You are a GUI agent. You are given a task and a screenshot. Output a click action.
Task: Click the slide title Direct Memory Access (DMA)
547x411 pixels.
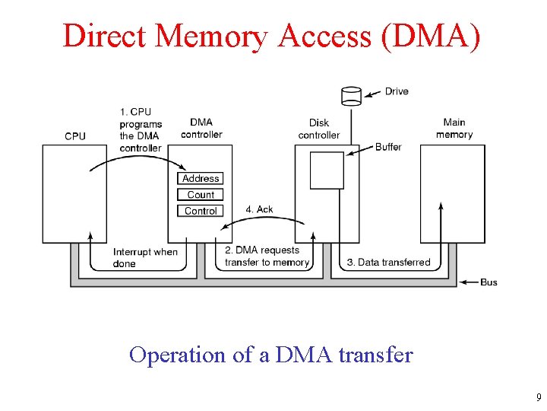[271, 36]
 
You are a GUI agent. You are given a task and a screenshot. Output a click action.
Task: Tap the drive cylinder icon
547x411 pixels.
[351, 96]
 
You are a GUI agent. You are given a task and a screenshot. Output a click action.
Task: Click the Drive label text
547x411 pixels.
[397, 91]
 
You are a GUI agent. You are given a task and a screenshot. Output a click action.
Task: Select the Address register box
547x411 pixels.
[201, 179]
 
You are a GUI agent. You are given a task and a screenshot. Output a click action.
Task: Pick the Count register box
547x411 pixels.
[201, 195]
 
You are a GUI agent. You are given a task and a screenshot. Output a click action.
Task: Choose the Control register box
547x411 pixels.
[201, 211]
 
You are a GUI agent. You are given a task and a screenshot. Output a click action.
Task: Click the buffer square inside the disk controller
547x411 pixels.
[327, 170]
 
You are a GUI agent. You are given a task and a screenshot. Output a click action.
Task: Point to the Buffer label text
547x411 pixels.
[388, 147]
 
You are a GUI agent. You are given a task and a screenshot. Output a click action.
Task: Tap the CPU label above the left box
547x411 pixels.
[75, 136]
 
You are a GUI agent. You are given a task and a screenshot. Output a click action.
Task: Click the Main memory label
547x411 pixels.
[454, 128]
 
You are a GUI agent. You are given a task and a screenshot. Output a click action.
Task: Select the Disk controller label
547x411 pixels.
[319, 129]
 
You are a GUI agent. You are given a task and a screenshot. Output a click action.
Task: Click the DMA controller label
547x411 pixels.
[201, 128]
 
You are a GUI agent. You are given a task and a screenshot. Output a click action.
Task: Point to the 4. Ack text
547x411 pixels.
[259, 209]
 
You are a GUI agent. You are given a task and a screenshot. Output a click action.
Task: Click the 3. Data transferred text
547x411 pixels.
[388, 263]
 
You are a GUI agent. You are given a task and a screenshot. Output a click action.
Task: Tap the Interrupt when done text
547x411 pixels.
[145, 257]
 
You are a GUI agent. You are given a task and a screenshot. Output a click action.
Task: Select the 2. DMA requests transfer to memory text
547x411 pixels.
[267, 256]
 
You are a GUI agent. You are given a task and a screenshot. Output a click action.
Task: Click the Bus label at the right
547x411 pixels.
[489, 282]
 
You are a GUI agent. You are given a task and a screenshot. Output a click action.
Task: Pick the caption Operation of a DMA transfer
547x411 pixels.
[271, 355]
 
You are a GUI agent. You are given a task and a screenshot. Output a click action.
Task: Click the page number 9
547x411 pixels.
[538, 397]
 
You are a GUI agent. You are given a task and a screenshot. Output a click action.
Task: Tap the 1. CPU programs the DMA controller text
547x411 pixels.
[141, 129]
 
